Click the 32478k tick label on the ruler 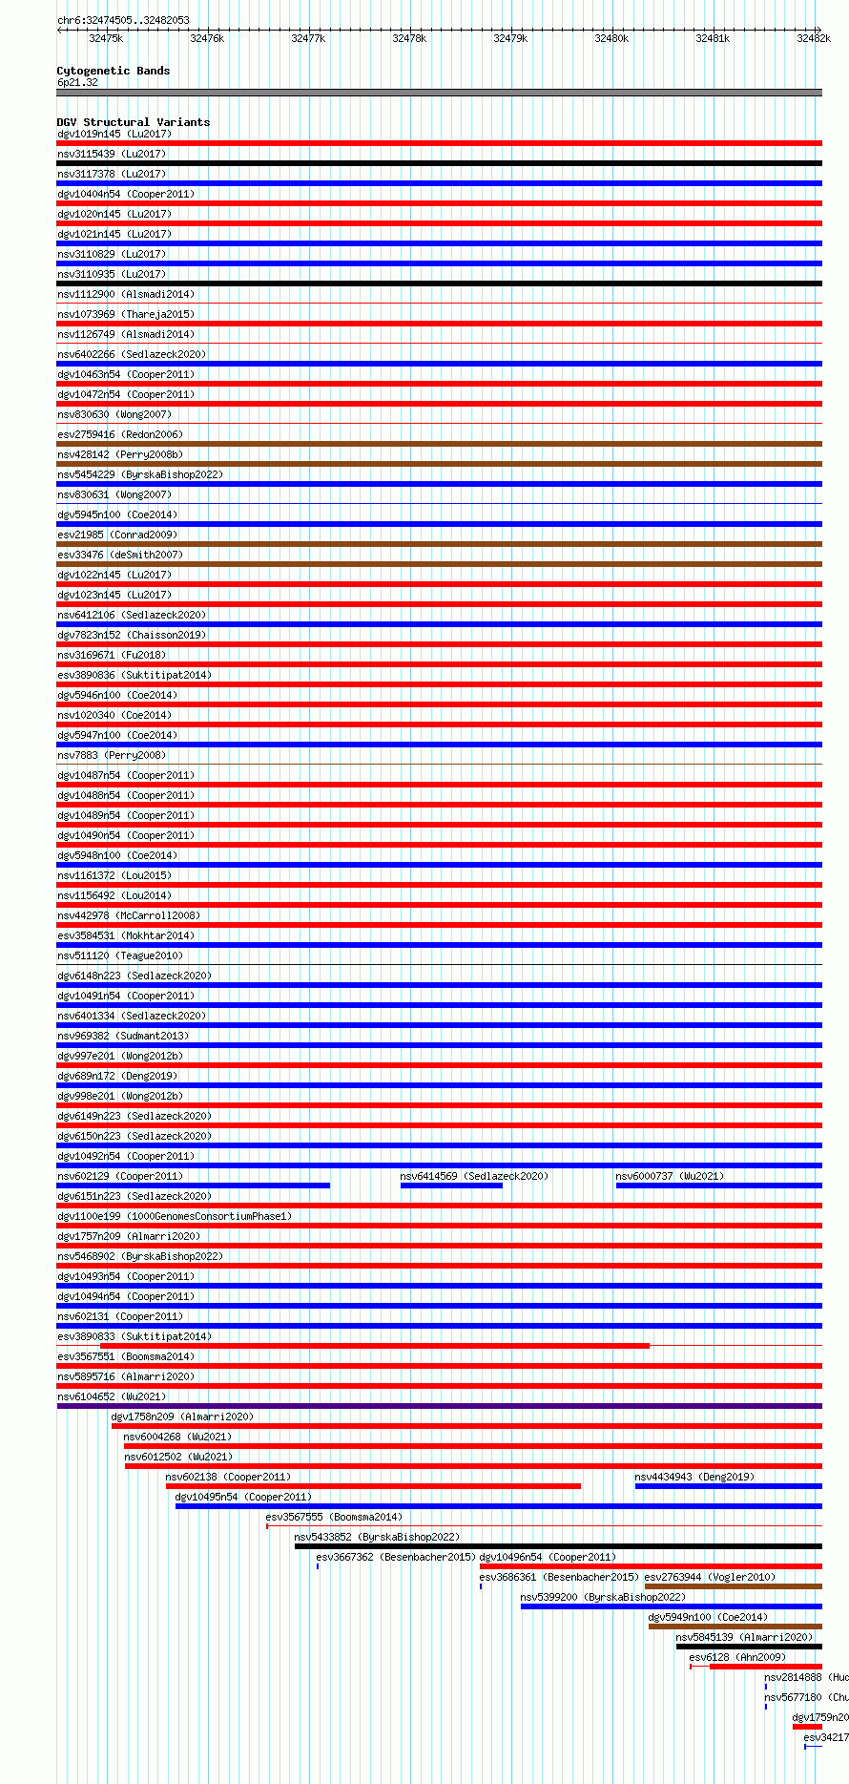(x=409, y=38)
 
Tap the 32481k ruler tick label (x=713, y=38)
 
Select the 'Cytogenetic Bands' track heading (x=113, y=71)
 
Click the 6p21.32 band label (x=77, y=82)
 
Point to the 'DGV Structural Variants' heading (x=133, y=122)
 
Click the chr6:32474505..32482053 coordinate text (x=123, y=20)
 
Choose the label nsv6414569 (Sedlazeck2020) (x=474, y=1176)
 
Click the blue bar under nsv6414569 (x=451, y=1186)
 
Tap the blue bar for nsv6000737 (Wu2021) (x=718, y=1186)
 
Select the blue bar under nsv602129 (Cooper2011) (x=193, y=1186)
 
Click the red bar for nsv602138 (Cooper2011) (x=373, y=1486)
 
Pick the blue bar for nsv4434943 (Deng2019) (x=728, y=1486)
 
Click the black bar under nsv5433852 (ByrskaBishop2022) (x=558, y=1546)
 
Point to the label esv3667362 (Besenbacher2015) (x=396, y=1557)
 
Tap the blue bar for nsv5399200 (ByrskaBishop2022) (x=671, y=1606)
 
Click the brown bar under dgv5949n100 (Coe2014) (x=735, y=1627)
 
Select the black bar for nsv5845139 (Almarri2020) (x=749, y=1647)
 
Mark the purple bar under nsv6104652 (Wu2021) (x=439, y=1406)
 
